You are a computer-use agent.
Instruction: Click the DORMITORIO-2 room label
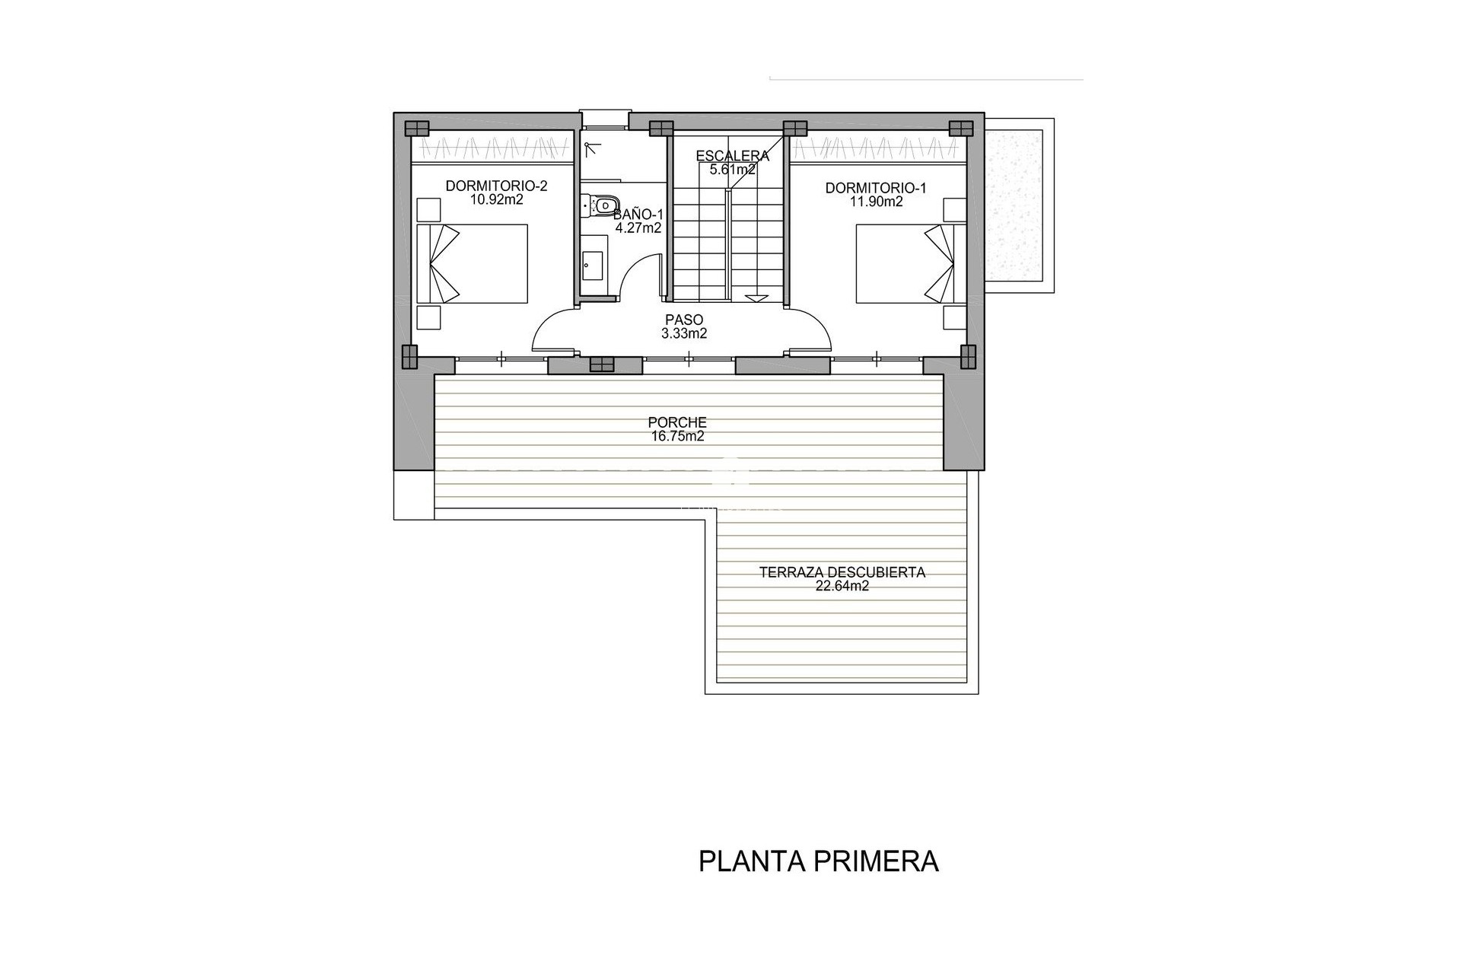[496, 186]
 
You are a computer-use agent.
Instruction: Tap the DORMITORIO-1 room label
[876, 188]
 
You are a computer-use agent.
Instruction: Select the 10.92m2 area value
[496, 200]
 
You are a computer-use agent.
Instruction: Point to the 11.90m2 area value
[876, 202]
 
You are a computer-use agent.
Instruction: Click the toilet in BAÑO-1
[601, 204]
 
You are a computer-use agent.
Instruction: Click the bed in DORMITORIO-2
[473, 263]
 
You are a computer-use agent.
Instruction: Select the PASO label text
[684, 320]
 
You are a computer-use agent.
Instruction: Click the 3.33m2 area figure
[684, 333]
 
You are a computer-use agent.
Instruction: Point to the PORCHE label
[677, 422]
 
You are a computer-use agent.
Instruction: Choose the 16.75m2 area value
[677, 436]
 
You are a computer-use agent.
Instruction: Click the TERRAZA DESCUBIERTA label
[842, 572]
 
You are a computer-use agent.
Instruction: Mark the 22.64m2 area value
[842, 586]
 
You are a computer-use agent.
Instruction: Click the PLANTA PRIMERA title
[818, 861]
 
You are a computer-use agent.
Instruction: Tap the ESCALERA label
[732, 156]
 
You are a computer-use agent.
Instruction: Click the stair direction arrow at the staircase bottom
[756, 298]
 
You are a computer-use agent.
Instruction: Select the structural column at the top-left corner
[416, 128]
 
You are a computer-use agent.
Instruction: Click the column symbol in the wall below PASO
[601, 364]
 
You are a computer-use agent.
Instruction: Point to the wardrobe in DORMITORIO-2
[492, 146]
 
